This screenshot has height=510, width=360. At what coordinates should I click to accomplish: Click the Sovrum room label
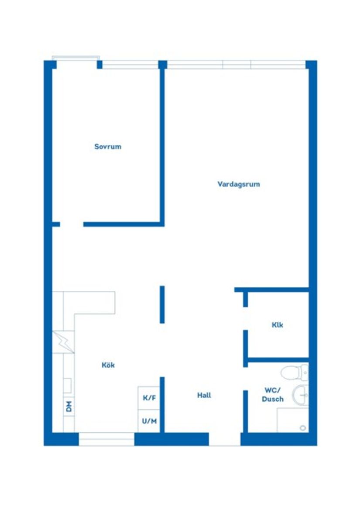pyautogui.click(x=108, y=147)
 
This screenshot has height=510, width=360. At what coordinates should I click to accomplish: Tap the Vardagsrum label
pyautogui.click(x=239, y=184)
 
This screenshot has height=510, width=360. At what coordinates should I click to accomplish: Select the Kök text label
pyautogui.click(x=108, y=365)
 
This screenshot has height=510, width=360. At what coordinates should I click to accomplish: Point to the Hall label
pyautogui.click(x=204, y=395)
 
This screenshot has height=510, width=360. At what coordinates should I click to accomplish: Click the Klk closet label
pyautogui.click(x=277, y=325)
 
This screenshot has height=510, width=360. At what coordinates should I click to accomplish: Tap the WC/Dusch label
pyautogui.click(x=273, y=395)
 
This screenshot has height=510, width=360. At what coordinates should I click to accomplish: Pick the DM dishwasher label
pyautogui.click(x=69, y=407)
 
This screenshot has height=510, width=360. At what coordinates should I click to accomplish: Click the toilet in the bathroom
pyautogui.click(x=292, y=372)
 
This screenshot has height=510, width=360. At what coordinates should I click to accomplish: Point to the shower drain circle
pyautogui.click(x=303, y=428)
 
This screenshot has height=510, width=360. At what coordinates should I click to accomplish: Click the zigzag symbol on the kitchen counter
pyautogui.click(x=63, y=342)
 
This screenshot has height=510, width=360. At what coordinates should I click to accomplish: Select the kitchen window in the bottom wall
pyautogui.click(x=106, y=439)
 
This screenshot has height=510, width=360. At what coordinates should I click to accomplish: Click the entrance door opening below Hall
pyautogui.click(x=224, y=439)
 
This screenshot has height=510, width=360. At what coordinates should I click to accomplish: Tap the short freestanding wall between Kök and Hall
pyautogui.click(x=162, y=304)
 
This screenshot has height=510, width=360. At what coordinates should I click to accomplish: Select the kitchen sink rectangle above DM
pyautogui.click(x=68, y=386)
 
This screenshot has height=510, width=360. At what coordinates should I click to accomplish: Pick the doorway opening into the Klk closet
pyautogui.click(x=245, y=318)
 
